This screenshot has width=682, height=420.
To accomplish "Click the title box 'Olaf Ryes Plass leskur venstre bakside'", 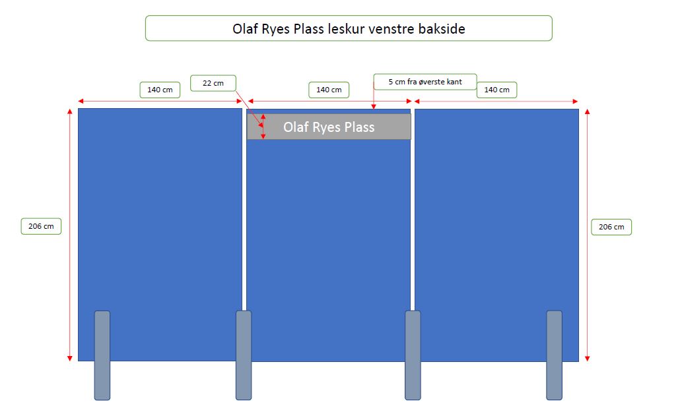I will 348,28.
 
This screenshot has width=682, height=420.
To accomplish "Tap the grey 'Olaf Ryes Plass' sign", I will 329,127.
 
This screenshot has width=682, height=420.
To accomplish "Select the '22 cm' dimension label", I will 213,83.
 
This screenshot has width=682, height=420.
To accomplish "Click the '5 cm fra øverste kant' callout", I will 425,82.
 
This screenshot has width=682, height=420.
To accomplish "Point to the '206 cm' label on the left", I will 41,226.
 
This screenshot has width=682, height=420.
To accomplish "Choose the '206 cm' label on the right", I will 611,227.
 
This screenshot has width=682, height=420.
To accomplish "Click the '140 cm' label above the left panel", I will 160,90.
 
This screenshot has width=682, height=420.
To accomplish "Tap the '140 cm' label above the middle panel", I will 329,90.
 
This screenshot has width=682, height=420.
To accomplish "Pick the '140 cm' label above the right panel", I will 496,90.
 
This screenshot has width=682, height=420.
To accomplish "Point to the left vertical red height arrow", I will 70,264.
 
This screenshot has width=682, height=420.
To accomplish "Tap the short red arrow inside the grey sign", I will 263,127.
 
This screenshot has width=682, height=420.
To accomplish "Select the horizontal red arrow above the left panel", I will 119,102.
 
